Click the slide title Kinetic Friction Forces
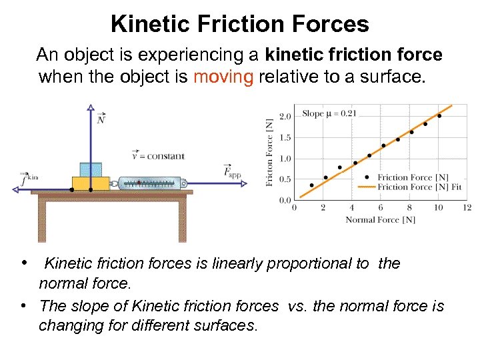pos(239,25)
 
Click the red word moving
pos(223,77)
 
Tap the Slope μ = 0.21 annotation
pos(329,113)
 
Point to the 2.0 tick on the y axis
pos(285,116)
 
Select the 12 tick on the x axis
pos(467,208)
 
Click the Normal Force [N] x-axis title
pos(380,219)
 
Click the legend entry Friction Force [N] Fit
pos(419,187)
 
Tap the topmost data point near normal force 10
pos(439,116)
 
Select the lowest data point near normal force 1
pos(311,185)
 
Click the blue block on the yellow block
pos(91,169)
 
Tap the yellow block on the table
pos(91,183)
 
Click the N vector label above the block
pos(101,119)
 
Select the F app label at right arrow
pos(232,171)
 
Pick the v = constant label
pos(158,156)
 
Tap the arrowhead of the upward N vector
pos(91,107)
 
